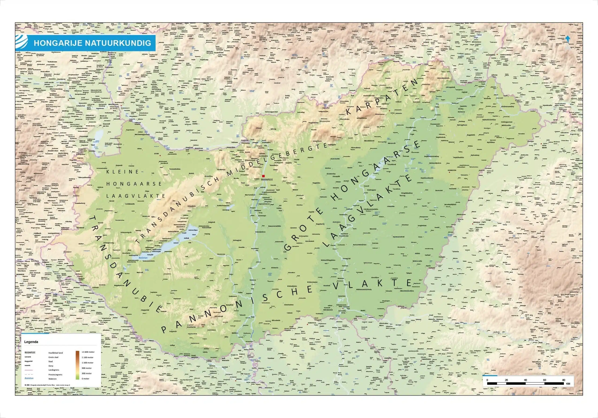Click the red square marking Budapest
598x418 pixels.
coord(263,176)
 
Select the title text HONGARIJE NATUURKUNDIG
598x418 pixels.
coord(92,43)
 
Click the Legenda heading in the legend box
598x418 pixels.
coord(31,342)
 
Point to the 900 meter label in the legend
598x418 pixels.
coord(86,368)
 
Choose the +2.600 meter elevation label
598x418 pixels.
coord(88,352)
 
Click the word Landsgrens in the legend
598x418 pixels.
coord(54,370)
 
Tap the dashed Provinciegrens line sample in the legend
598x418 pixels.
coord(30,374)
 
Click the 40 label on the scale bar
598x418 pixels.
coord(525,380)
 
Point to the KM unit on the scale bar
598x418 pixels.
coord(568,384)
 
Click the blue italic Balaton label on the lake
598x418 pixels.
coord(143,258)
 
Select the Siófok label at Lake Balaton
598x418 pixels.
coord(186,238)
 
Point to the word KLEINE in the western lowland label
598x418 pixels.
coord(123,172)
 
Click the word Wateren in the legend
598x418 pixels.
coord(52,379)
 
